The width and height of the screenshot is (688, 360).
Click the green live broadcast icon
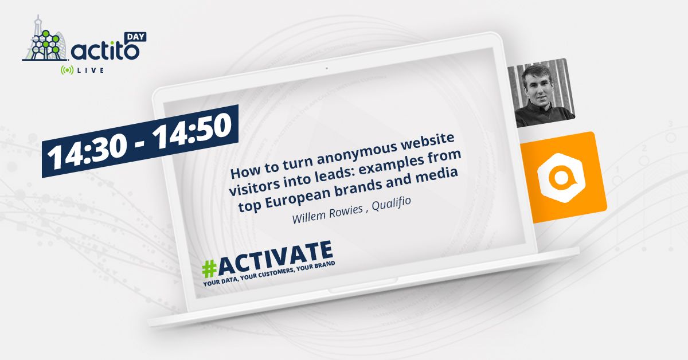click(x=67, y=70)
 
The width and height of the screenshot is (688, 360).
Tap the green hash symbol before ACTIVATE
click(x=210, y=268)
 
